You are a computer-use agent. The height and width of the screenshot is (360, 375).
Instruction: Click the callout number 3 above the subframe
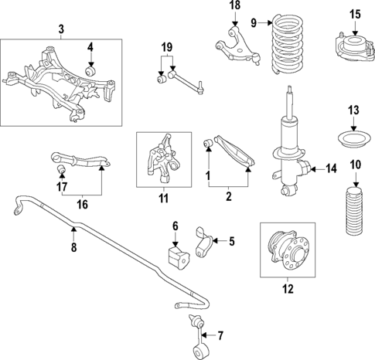(61, 29)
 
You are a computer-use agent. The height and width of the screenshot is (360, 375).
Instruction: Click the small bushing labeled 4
(90, 72)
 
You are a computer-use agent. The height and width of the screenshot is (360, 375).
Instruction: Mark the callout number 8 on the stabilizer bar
(73, 247)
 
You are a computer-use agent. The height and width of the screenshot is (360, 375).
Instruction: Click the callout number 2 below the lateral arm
(228, 197)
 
